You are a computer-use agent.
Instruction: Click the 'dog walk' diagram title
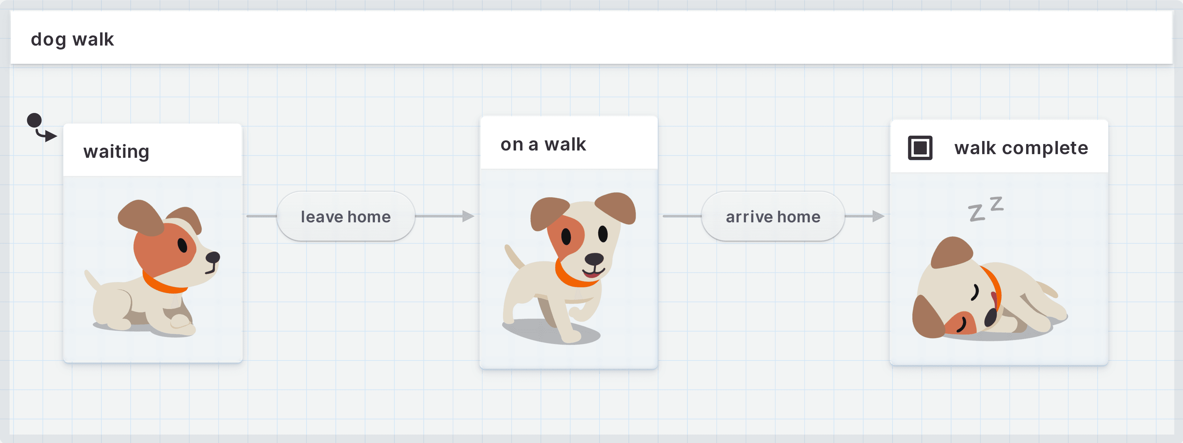pos(72,39)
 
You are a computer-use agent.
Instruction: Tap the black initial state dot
pos(35,121)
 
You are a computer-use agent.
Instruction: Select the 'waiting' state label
pos(116,151)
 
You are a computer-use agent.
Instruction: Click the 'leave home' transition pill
pos(345,216)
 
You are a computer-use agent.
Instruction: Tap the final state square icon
pos(920,148)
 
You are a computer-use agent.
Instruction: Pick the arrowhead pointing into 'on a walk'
pos(468,216)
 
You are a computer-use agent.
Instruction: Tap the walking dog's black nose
pos(594,259)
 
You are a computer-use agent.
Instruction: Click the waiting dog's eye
pos(182,245)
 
